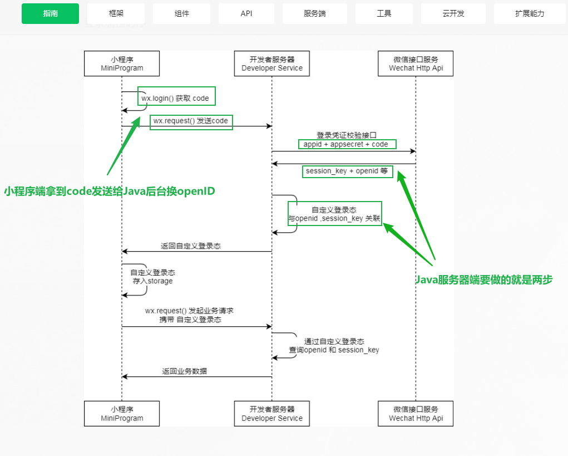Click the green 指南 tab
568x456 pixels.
coord(50,13)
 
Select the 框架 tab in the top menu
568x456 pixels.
coord(116,13)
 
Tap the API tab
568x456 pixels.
coord(246,13)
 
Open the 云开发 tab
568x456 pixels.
coord(453,13)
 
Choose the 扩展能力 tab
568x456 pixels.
coord(529,13)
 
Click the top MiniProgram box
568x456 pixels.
coord(122,63)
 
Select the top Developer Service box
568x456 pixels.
coord(272,63)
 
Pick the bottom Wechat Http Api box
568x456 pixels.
coord(416,414)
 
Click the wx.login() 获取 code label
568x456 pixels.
coord(175,99)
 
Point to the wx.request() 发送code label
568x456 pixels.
coord(191,121)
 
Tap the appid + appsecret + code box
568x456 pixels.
coord(347,144)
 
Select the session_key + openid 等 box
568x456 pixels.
coord(347,171)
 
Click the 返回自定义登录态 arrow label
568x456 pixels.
coord(191,246)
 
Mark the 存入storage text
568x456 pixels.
coord(152,281)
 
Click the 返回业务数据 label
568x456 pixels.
coord(185,371)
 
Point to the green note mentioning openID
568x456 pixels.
coord(110,191)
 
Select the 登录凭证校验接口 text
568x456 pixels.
coord(347,135)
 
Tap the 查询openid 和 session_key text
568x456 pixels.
coord(334,350)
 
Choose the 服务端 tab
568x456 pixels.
coord(315,13)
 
